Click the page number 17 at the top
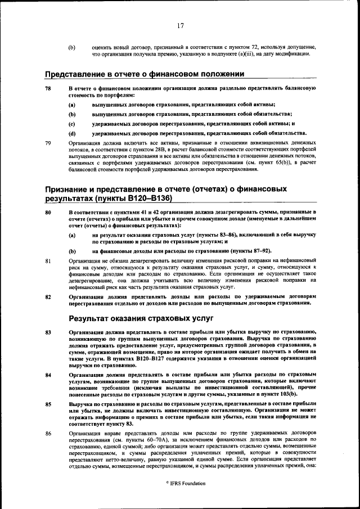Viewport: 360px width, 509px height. point(180,25)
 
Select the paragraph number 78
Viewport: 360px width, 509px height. point(48,89)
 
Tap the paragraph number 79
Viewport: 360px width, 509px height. point(48,143)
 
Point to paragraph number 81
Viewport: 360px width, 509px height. point(48,261)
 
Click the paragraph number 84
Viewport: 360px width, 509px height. point(48,374)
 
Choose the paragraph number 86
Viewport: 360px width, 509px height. point(48,433)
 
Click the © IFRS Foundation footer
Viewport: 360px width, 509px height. point(185,483)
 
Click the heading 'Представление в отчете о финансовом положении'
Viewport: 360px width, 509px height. point(145,74)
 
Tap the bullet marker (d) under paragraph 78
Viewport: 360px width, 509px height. point(72,133)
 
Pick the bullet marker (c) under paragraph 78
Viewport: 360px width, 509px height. point(72,123)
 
